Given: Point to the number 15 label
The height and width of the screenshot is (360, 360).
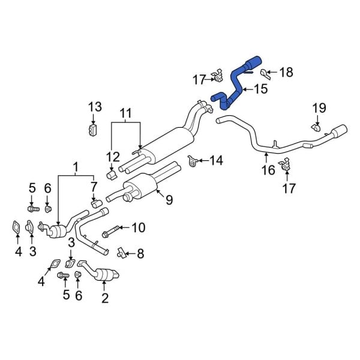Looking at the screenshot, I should coord(260,89).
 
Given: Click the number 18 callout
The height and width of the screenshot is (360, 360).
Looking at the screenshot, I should coord(286,73).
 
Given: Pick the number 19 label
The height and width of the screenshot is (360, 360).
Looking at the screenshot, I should coord(319,108).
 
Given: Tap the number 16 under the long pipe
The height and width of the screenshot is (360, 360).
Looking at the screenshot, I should coord(268,170).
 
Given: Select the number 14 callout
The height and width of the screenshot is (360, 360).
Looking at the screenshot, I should coord(215,160).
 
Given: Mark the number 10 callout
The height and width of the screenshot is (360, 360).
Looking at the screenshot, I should coord(138,227).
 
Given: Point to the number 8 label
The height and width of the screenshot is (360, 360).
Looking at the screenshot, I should coord(140,254).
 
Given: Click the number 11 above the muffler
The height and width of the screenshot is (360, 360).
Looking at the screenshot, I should coord(125,112).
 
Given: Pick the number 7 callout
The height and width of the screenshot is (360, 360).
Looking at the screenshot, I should coord(94,186).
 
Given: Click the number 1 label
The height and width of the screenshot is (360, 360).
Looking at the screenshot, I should coord(76,166).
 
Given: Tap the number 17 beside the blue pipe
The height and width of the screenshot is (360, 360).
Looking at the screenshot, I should coord(199,78).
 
